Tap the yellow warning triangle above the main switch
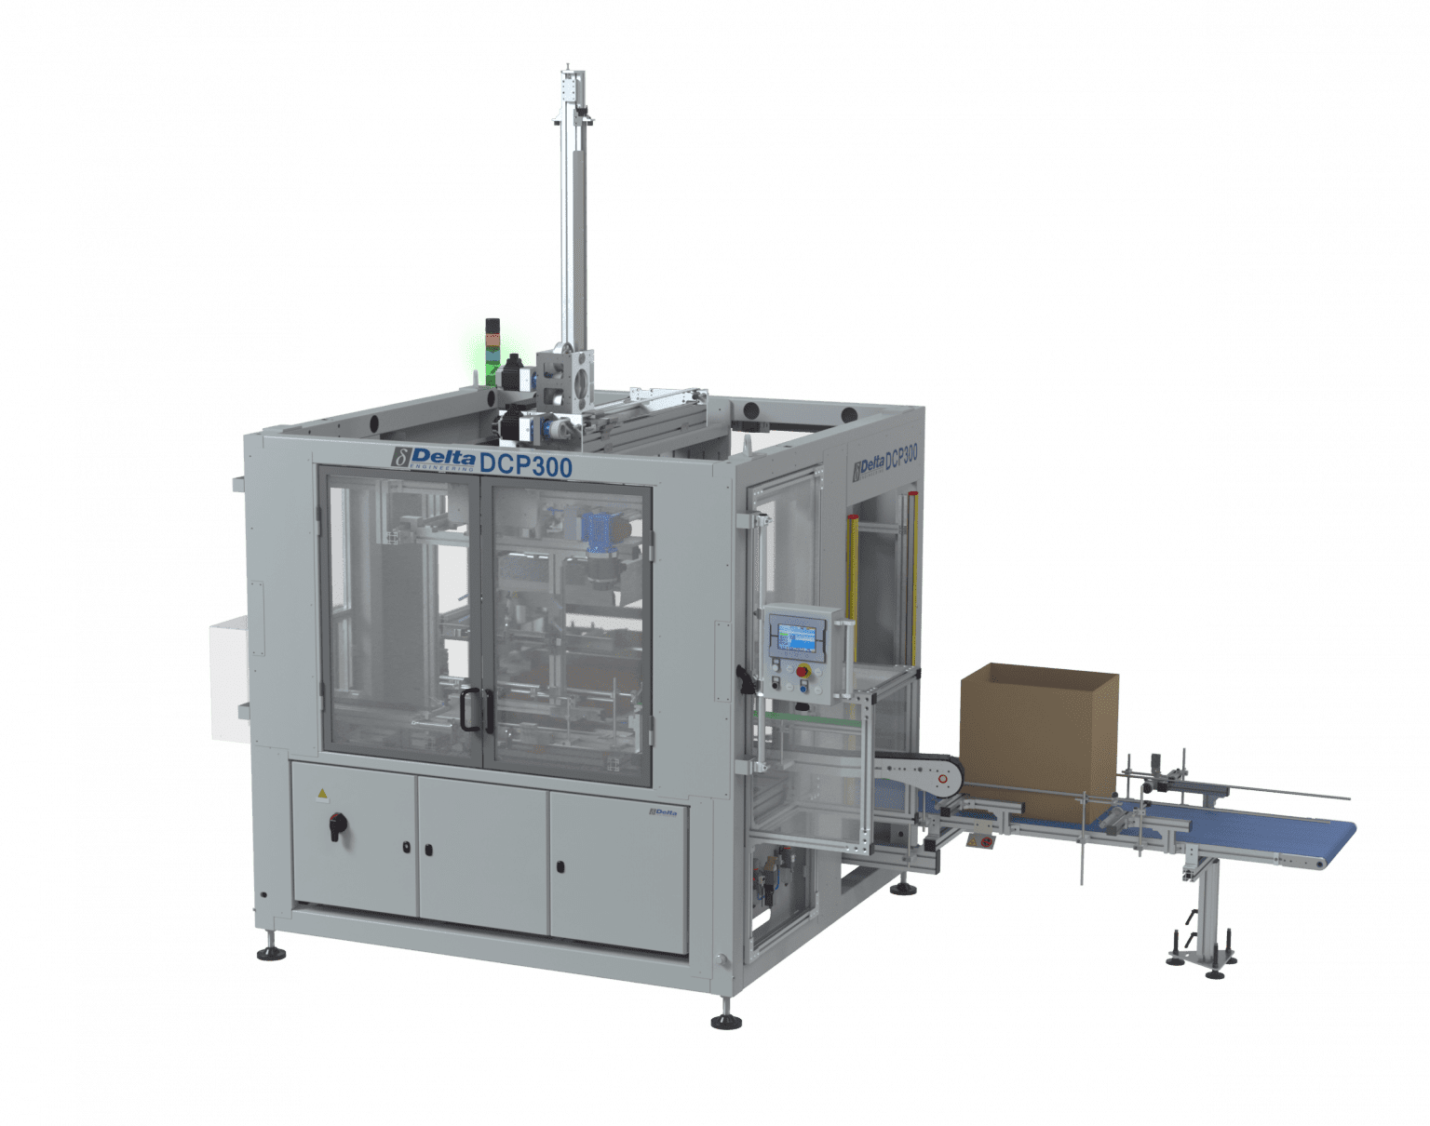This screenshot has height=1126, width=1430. coord(323,794)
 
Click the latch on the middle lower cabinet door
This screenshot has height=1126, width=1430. coord(427,849)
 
